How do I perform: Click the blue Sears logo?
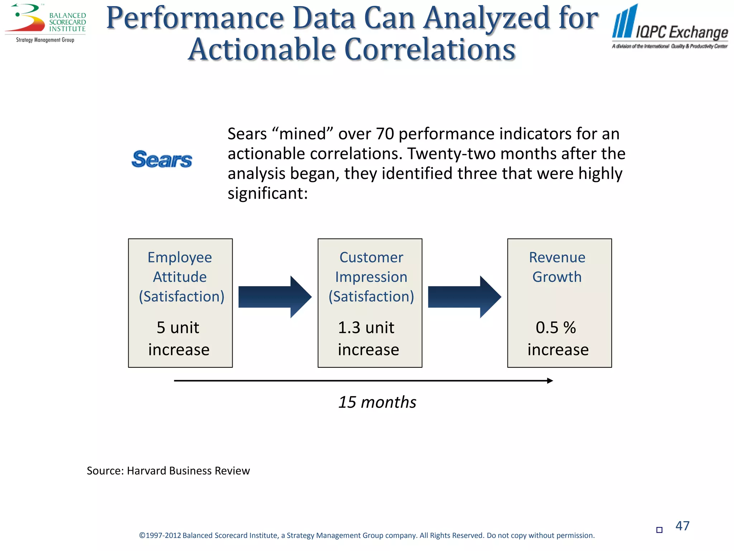pyautogui.click(x=162, y=159)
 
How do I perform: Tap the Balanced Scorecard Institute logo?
pyautogui.click(x=46, y=23)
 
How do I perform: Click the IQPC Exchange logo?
pyautogui.click(x=669, y=27)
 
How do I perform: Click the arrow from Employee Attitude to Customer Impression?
pyautogui.click(x=275, y=297)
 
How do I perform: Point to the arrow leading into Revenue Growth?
pyautogui.click(x=464, y=297)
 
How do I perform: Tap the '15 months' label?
pyautogui.click(x=377, y=402)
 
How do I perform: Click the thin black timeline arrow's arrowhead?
pyautogui.click(x=550, y=381)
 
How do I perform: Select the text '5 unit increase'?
pyautogui.click(x=178, y=338)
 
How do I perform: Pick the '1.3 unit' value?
pyautogui.click(x=366, y=328)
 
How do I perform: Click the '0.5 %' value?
pyautogui.click(x=556, y=328)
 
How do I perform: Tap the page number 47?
pyautogui.click(x=682, y=526)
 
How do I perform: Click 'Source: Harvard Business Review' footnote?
pyautogui.click(x=168, y=471)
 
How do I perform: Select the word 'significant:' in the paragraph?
pyautogui.click(x=268, y=193)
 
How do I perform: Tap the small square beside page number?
pyautogui.click(x=659, y=530)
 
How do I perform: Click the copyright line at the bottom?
pyautogui.click(x=367, y=536)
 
